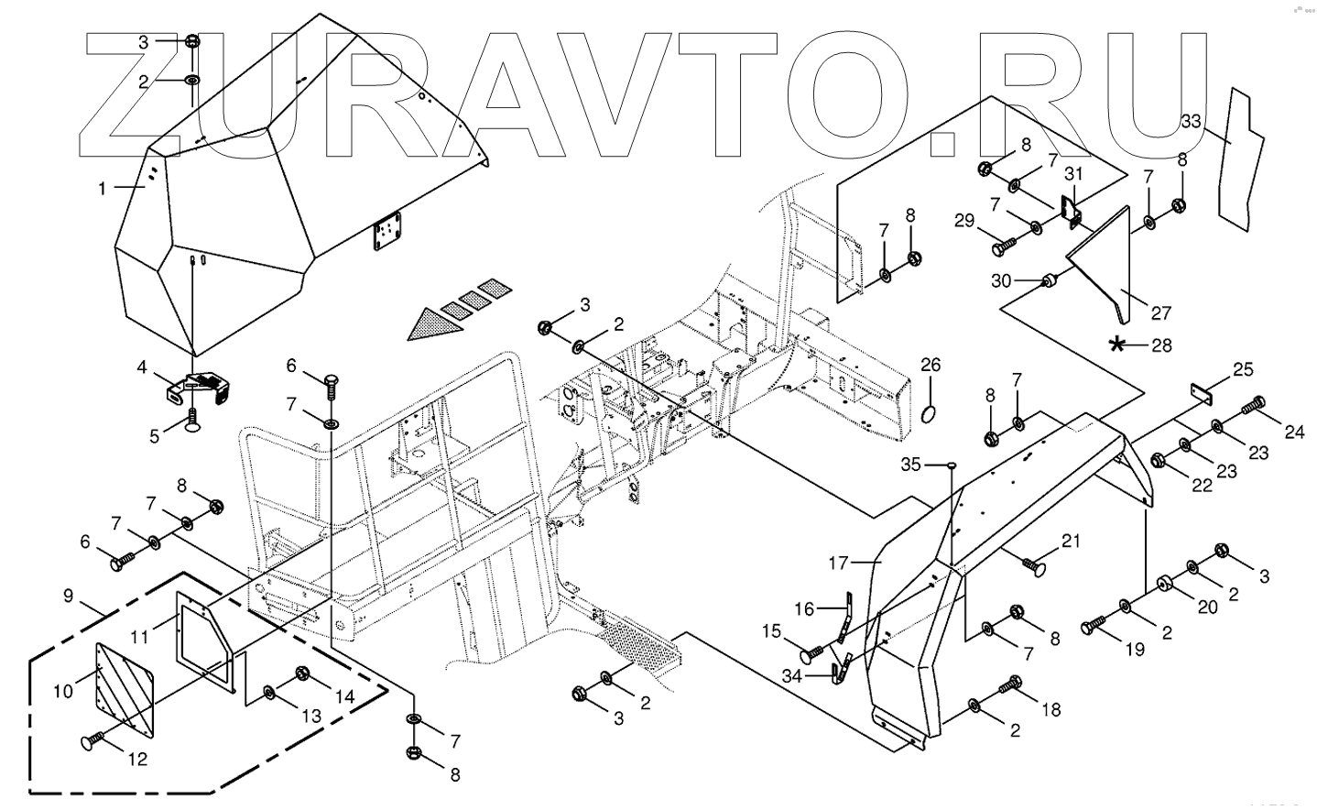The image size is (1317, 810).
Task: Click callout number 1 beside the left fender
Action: point(103,188)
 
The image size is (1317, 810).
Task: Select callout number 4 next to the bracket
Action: point(142,367)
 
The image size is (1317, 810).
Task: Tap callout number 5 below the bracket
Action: point(156,437)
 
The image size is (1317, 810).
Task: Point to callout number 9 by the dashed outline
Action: point(69,595)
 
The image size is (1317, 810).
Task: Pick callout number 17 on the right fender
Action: point(839,562)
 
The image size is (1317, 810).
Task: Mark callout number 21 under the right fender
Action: point(1072,542)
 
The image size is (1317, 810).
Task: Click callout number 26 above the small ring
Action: point(931,365)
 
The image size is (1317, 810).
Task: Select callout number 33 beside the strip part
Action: point(1191,121)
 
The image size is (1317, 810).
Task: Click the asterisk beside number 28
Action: point(1116,345)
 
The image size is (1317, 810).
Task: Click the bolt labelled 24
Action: point(1254,404)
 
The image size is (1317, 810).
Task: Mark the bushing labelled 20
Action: point(1165,584)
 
